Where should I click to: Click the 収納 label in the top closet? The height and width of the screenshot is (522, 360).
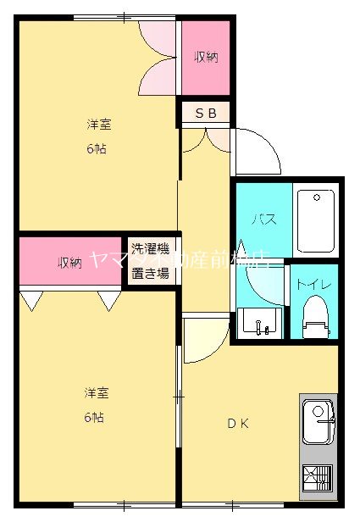[x=206, y=58]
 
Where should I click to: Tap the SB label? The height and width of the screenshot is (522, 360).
[x=206, y=112]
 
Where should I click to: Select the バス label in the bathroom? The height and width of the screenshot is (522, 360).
[x=263, y=218]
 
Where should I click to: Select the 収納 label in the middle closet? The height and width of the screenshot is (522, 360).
[x=69, y=263]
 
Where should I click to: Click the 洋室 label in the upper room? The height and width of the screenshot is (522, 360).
[x=99, y=125]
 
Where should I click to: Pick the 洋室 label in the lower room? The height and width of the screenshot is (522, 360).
[x=95, y=393]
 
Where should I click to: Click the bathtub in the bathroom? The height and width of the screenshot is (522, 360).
[x=315, y=220]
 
